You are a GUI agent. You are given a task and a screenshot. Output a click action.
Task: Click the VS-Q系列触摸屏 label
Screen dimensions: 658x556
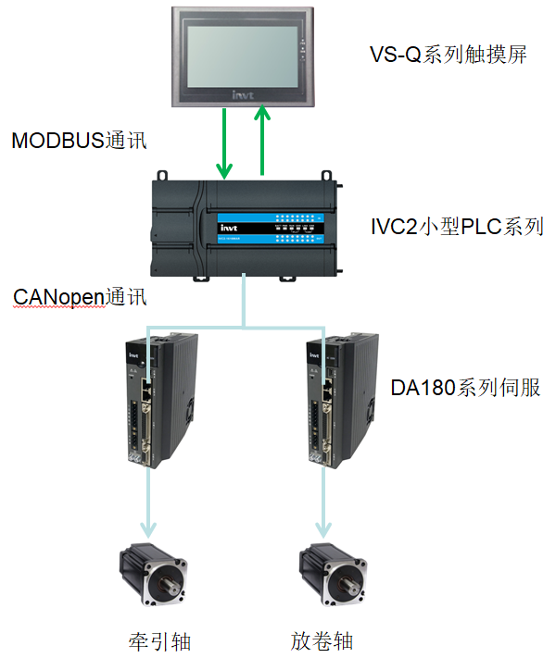tap(448, 55)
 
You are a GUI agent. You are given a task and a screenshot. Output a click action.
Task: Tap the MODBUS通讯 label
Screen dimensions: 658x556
tap(79, 141)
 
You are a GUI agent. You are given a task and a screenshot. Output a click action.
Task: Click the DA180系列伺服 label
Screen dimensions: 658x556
tap(465, 388)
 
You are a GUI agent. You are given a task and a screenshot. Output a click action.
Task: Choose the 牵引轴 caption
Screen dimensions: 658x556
tap(159, 639)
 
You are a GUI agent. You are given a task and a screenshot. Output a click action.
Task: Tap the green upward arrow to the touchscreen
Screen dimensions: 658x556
tap(262, 139)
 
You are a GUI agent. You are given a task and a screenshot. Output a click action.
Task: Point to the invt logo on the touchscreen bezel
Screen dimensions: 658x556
tap(243, 93)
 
